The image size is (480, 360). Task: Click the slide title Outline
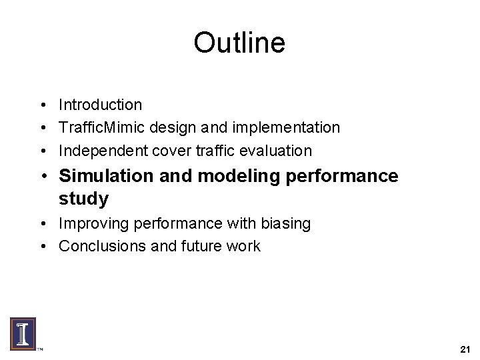point(239,43)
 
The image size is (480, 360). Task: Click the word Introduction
point(100,105)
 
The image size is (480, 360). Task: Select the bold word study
point(83,199)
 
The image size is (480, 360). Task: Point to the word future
point(204,246)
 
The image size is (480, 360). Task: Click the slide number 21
point(465,349)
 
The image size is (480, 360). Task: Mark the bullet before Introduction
point(42,105)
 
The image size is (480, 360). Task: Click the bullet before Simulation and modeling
point(42,177)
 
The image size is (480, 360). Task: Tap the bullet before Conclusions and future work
point(42,247)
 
